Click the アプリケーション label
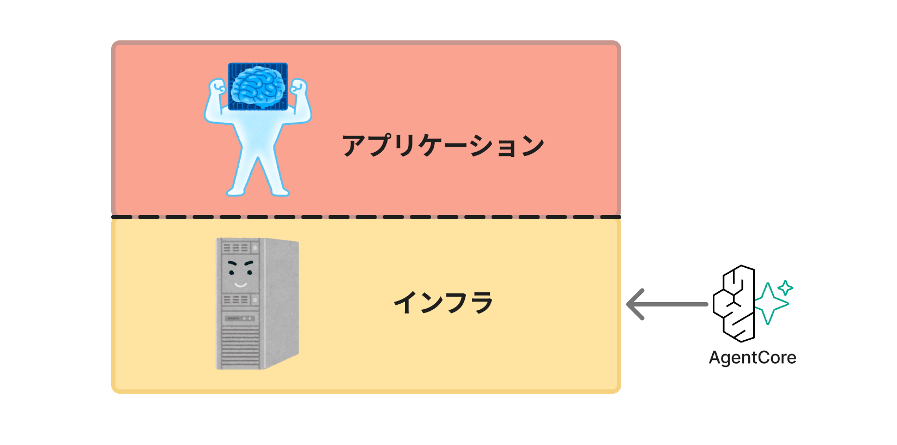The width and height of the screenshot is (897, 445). pyautogui.click(x=443, y=145)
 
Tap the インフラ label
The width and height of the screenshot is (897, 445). pyautogui.click(x=443, y=302)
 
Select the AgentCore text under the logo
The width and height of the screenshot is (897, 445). pyautogui.click(x=753, y=358)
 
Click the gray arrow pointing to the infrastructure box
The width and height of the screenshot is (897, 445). pyautogui.click(x=666, y=304)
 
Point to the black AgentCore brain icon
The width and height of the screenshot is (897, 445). pyautogui.click(x=734, y=303)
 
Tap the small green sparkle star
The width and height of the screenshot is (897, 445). pyautogui.click(x=785, y=287)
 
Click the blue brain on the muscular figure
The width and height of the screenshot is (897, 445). pyautogui.click(x=258, y=87)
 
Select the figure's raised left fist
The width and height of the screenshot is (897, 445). pyautogui.click(x=217, y=87)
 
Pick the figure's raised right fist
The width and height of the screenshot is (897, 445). pyautogui.click(x=299, y=87)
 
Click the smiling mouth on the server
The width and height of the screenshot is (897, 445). pyautogui.click(x=241, y=285)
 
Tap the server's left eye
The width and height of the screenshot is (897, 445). pyautogui.click(x=232, y=272)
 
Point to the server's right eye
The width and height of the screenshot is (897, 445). pyautogui.click(x=250, y=272)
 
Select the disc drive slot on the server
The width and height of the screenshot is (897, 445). pyautogui.click(x=240, y=318)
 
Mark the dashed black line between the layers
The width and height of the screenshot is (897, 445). pyautogui.click(x=366, y=217)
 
